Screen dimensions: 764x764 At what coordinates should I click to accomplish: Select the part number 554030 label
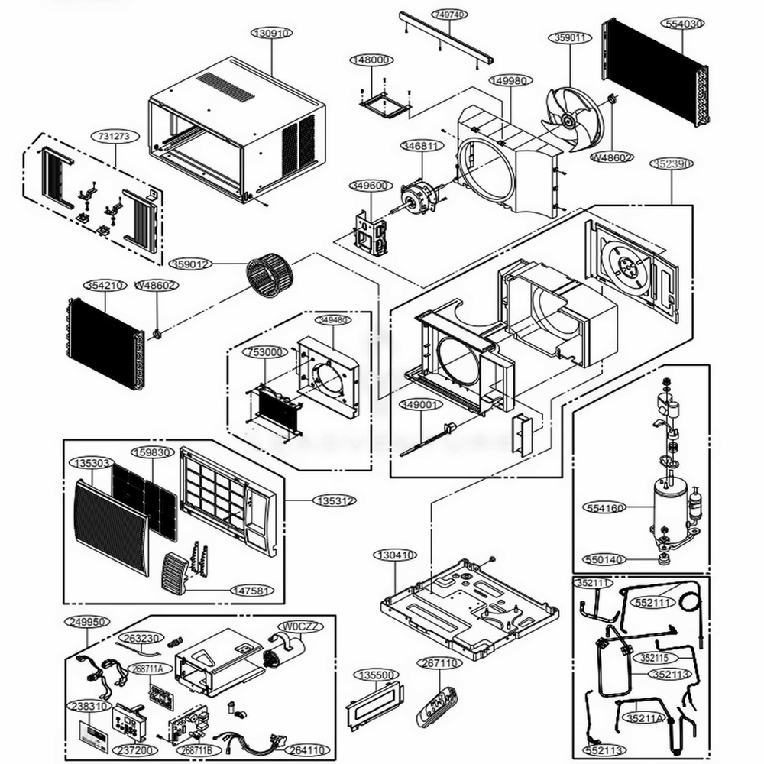(684, 24)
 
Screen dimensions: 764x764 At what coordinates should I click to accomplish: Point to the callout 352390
(672, 163)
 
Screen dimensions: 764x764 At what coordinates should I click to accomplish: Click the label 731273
(116, 136)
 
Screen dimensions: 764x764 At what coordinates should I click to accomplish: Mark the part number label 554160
(604, 507)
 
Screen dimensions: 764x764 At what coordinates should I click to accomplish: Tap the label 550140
(604, 559)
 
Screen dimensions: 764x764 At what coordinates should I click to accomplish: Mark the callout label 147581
(251, 590)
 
